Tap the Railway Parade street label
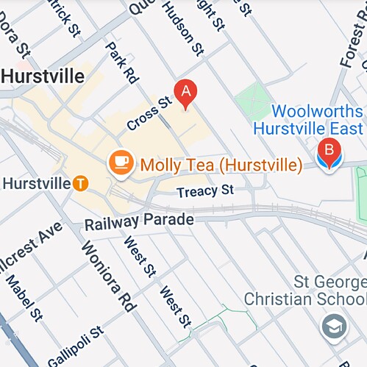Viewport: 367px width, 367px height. (x=139, y=220)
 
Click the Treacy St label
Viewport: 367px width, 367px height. (x=205, y=190)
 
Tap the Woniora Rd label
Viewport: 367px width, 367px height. (x=107, y=275)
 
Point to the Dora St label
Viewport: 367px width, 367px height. (x=14, y=44)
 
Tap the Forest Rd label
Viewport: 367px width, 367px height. (x=351, y=42)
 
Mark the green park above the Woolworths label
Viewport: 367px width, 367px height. (x=254, y=98)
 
